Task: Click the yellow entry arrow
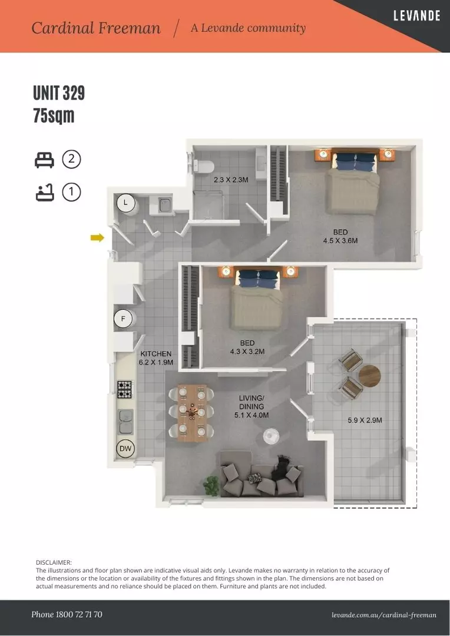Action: tap(97, 237)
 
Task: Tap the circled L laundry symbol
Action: tap(125, 203)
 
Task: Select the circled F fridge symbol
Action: tap(123, 319)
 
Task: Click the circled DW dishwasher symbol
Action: tap(125, 449)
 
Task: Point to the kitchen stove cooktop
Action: tap(125, 389)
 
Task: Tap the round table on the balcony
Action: tap(370, 376)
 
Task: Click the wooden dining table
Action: tap(193, 412)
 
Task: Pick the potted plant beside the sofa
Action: tap(211, 485)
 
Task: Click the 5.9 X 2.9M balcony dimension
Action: tap(365, 420)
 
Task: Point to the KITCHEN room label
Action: tap(156, 354)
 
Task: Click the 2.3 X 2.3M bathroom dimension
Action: tap(231, 180)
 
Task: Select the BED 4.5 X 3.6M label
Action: tap(340, 236)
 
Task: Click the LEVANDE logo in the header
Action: tap(416, 16)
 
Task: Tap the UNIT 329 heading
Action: tap(59, 93)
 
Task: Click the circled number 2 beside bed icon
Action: tap(71, 159)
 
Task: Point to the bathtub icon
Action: tap(45, 192)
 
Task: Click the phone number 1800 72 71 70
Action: tap(67, 614)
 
